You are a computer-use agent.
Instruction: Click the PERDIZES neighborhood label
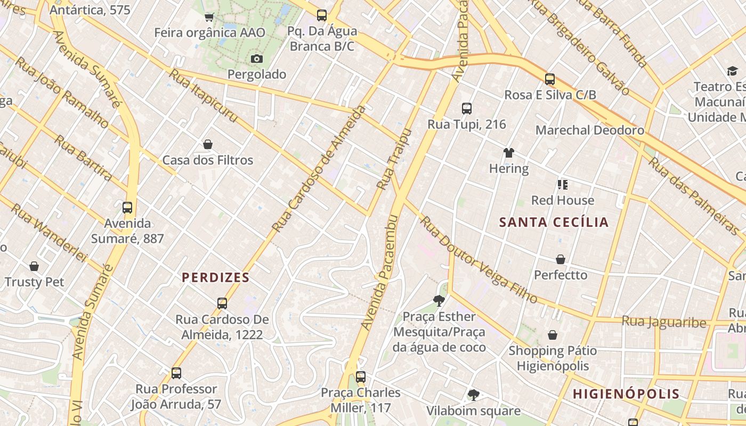click(215, 277)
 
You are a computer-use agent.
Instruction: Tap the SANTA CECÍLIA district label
click(554, 223)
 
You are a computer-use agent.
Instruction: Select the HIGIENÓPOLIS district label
click(626, 394)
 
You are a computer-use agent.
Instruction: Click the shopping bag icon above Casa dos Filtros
click(208, 144)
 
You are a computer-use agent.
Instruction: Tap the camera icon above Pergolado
click(257, 59)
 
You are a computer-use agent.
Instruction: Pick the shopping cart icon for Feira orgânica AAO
click(209, 17)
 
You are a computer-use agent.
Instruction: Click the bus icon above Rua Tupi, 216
click(467, 109)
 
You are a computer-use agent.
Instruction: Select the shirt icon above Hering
click(509, 153)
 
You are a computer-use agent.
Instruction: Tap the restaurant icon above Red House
click(562, 185)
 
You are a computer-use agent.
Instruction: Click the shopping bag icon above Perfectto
click(561, 259)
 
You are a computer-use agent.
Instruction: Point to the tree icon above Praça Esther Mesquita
click(439, 301)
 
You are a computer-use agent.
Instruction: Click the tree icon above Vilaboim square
click(473, 395)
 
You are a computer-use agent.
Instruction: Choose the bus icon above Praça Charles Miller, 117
click(361, 377)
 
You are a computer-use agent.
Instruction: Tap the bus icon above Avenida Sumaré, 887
click(127, 208)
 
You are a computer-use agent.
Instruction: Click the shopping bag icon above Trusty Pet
click(34, 266)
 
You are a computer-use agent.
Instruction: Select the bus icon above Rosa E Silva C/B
click(550, 79)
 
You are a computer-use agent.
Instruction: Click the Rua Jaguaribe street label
click(664, 322)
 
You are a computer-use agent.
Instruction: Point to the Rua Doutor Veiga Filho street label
click(479, 259)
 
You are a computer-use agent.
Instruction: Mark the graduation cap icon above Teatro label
click(732, 71)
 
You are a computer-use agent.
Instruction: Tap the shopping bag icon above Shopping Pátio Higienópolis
click(553, 335)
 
